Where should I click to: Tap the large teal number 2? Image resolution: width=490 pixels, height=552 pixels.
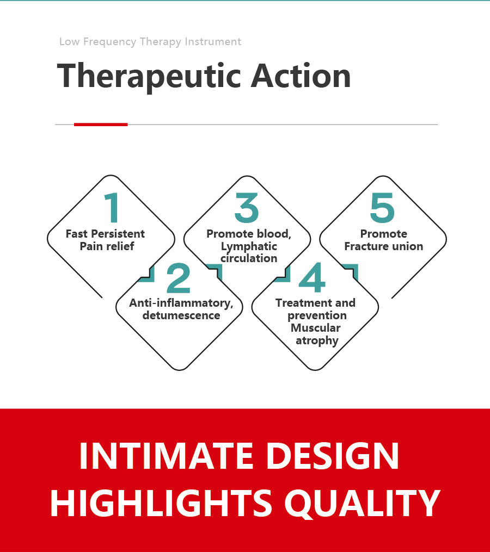click(x=179, y=278)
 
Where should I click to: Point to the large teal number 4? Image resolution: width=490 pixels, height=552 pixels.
click(x=312, y=277)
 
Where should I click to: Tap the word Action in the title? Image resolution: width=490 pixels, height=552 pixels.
click(x=301, y=76)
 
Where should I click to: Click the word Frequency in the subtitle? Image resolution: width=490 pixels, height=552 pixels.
click(x=109, y=42)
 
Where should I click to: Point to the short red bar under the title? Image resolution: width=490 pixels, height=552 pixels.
click(x=101, y=125)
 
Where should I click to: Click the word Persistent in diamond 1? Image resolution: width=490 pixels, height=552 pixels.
click(x=118, y=234)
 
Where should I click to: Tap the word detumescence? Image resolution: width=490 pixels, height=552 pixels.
click(x=181, y=315)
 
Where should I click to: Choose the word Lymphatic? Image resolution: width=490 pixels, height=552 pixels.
click(x=249, y=247)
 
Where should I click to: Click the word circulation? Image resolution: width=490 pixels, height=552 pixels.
click(x=249, y=258)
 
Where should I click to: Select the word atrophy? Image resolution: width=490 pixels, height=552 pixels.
click(x=317, y=341)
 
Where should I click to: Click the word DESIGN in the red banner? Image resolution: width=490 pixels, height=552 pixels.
click(x=333, y=456)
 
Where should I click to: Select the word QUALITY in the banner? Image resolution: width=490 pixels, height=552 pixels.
click(x=363, y=504)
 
